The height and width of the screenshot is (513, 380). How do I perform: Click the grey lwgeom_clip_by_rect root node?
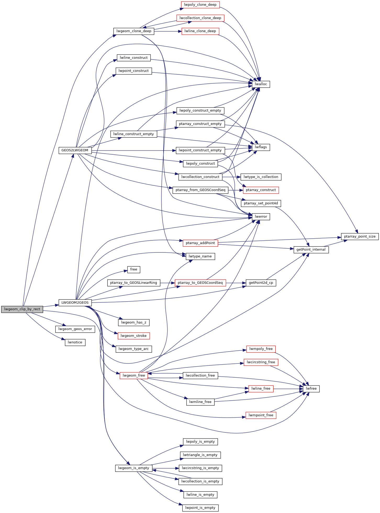click(x=22, y=309)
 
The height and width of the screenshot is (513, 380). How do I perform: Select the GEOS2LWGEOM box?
click(x=75, y=150)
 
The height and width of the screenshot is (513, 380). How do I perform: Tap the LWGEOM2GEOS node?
click(x=75, y=303)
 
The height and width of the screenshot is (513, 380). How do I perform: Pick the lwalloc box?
click(x=261, y=84)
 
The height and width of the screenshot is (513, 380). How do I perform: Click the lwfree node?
click(x=311, y=389)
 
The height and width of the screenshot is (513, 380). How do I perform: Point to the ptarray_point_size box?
click(x=360, y=237)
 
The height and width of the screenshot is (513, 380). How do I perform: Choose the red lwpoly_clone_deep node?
click(x=200, y=5)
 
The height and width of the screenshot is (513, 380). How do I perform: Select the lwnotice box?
click(x=75, y=342)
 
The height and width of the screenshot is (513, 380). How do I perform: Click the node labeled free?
click(x=134, y=269)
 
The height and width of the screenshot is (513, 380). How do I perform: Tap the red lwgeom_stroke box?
click(x=134, y=336)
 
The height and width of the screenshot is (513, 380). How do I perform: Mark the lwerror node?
click(x=261, y=217)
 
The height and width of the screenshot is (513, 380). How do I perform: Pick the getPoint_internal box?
click(x=311, y=250)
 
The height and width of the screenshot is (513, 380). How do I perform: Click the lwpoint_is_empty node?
click(x=200, y=508)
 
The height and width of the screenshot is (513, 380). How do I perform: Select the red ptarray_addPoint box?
click(x=200, y=243)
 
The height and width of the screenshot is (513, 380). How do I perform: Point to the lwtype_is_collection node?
click(x=261, y=177)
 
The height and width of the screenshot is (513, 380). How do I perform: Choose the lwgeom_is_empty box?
click(x=133, y=468)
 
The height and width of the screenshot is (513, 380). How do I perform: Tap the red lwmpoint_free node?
click(x=261, y=415)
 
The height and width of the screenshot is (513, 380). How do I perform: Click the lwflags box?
click(x=261, y=147)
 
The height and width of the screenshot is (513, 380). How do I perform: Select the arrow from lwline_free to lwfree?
click(x=288, y=389)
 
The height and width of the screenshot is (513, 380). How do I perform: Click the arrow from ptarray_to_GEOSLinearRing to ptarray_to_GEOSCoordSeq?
click(x=167, y=283)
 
